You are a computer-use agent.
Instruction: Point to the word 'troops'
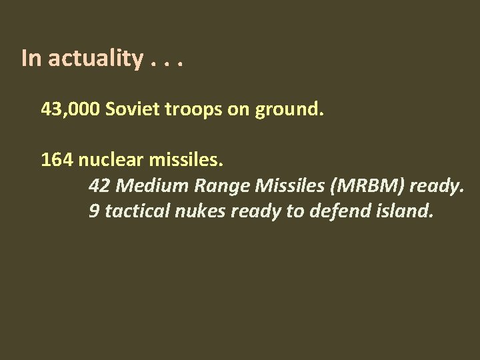point(189,110)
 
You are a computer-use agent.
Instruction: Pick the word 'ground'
point(291,110)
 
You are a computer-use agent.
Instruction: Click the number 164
point(57,160)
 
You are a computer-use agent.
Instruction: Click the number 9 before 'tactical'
point(93,212)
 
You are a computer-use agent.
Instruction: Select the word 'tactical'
point(133,212)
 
